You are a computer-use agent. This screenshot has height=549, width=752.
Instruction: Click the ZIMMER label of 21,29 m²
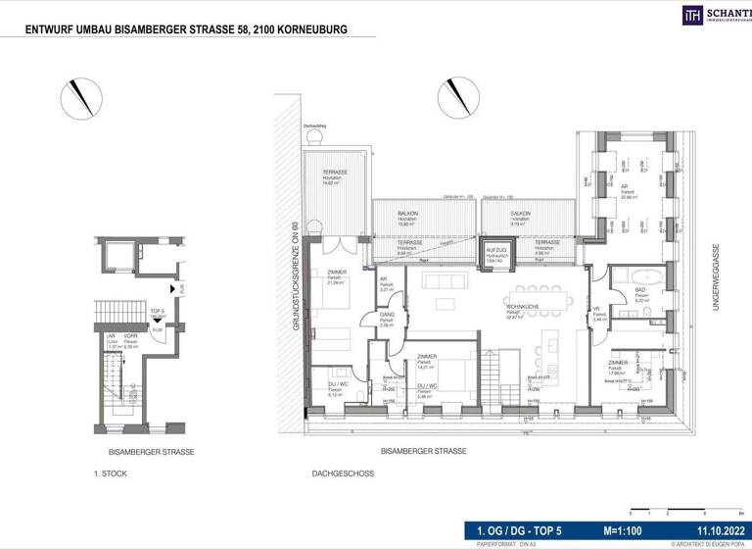click(x=336, y=274)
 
